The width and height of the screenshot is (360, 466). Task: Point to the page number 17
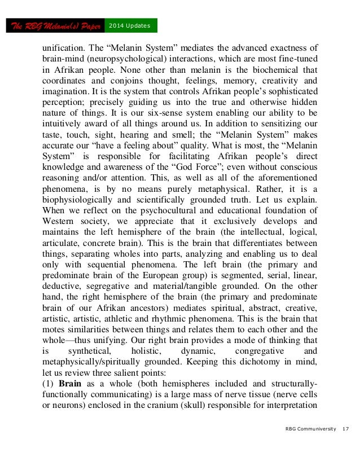345,429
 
